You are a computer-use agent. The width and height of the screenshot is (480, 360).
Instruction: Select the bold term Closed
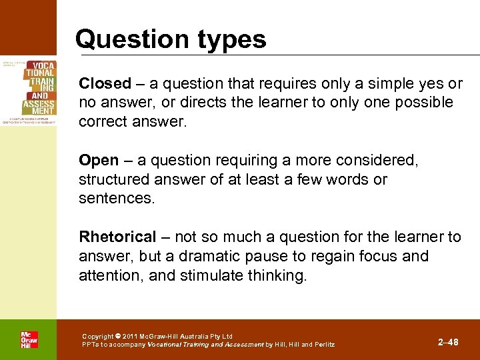pyautogui.click(x=105, y=83)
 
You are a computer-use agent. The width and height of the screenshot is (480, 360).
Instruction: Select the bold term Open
pyautogui.click(x=97, y=161)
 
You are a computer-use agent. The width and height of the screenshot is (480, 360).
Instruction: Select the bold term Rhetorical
pyautogui.click(x=117, y=237)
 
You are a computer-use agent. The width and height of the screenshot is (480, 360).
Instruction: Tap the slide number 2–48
pyautogui.click(x=448, y=342)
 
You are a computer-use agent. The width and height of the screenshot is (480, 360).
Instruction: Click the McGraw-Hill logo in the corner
pyautogui.click(x=29, y=339)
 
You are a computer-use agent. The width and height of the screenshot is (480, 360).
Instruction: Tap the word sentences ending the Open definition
pyautogui.click(x=116, y=199)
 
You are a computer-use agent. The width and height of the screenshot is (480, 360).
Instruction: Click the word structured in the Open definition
pyautogui.click(x=115, y=180)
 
